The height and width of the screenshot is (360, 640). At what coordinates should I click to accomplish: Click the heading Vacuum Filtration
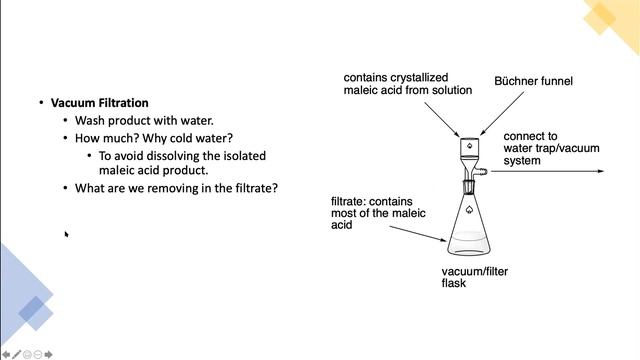click(99, 103)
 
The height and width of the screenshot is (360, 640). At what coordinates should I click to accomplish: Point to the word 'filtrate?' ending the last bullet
click(255, 188)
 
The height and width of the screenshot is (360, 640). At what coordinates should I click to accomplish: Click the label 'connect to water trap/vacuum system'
click(551, 148)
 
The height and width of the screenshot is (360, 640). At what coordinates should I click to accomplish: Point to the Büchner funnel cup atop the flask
click(469, 148)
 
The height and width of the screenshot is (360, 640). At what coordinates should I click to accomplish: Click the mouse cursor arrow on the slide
click(67, 234)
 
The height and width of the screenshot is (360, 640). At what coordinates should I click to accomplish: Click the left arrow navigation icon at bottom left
click(6, 353)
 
